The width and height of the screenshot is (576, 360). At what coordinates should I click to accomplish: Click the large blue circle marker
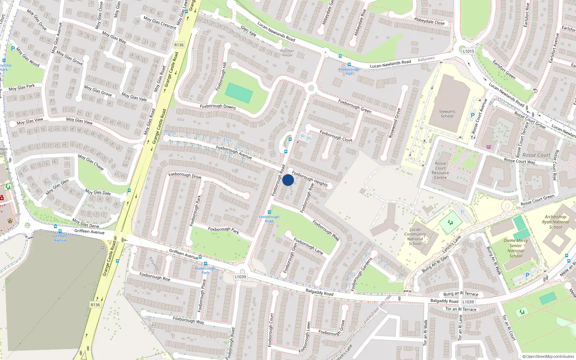tap(288, 180)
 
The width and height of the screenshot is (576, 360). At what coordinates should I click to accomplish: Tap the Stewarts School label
tap(447, 114)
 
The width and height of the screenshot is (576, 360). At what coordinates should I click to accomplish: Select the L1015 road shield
tap(468, 51)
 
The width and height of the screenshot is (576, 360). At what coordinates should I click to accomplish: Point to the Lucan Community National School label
tap(415, 237)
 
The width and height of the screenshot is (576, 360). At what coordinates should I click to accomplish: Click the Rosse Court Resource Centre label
tap(440, 170)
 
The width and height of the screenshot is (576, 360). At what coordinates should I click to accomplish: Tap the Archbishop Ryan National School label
tap(555, 222)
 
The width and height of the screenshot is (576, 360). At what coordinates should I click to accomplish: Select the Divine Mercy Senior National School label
tap(516, 248)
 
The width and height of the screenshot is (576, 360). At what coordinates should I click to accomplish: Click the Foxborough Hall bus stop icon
tap(348, 64)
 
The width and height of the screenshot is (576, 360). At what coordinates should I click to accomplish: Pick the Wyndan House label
tap(287, 53)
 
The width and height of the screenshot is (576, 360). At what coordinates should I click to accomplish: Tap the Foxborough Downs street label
tap(218, 107)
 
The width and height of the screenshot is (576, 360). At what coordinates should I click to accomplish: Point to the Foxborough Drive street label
tap(185, 175)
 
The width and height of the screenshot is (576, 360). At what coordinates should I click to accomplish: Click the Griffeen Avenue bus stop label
tap(60, 238)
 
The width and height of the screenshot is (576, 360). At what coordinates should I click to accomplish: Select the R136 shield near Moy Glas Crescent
tap(179, 45)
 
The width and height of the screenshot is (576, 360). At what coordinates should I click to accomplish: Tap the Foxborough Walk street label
tap(326, 230)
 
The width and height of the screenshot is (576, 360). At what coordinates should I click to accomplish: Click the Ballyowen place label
tap(426, 59)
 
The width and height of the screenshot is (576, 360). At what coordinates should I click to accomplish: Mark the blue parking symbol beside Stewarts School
tap(473, 115)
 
